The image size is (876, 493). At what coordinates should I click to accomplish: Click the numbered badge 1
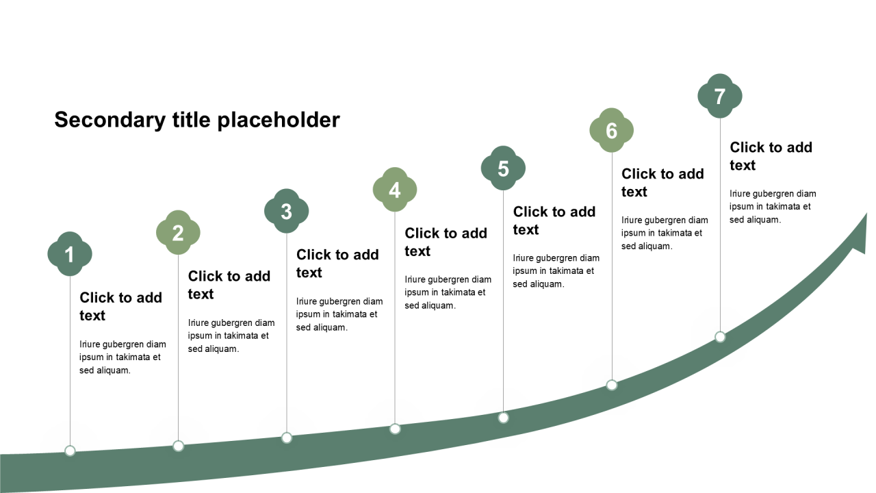[70, 254]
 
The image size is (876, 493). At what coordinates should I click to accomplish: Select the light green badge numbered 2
[178, 233]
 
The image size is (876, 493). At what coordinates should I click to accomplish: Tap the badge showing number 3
[286, 212]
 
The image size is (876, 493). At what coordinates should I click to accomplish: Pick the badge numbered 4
[395, 190]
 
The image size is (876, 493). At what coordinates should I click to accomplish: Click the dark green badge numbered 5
[503, 168]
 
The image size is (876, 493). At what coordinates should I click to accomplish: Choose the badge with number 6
[611, 130]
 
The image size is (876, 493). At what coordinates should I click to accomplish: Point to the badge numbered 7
[719, 96]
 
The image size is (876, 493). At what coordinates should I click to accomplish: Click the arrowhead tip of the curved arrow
[865, 216]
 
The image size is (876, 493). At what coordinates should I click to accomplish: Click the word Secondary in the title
[109, 120]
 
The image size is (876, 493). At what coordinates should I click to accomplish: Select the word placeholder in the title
[278, 120]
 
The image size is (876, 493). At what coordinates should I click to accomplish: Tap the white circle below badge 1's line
[70, 451]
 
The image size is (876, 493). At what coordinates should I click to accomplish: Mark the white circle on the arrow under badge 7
[720, 337]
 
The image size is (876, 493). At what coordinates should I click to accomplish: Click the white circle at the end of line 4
[395, 429]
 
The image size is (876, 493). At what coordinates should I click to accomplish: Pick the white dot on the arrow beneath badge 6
[612, 385]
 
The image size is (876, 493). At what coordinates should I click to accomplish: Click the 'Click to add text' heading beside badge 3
[337, 263]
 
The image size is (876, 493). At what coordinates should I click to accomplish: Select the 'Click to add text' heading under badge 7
[771, 156]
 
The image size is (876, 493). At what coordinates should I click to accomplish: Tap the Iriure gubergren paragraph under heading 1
[123, 357]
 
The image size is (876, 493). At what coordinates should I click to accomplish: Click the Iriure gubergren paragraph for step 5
[556, 271]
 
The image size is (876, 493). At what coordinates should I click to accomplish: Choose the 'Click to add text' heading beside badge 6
[662, 182]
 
